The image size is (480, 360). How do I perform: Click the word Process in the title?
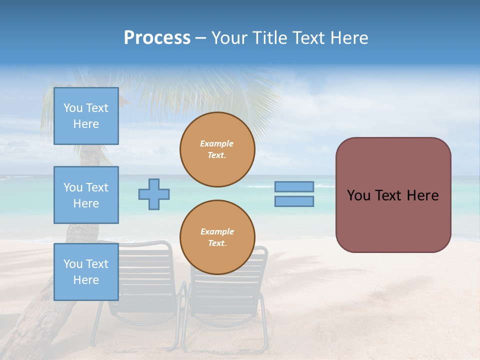click(x=157, y=38)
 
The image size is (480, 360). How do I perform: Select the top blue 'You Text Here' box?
click(x=86, y=116)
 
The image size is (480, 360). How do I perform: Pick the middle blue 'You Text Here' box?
click(x=86, y=195)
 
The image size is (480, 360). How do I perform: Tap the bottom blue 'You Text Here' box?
click(x=86, y=272)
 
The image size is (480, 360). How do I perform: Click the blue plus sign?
click(x=154, y=194)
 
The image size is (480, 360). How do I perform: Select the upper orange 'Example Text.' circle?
click(x=217, y=149)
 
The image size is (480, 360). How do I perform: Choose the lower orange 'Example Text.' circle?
click(x=217, y=237)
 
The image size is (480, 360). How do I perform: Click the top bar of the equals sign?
click(x=294, y=187)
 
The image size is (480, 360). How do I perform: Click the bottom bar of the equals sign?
click(x=294, y=201)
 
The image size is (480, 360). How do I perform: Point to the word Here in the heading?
click(x=348, y=38)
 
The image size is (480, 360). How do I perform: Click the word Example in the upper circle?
click(x=217, y=143)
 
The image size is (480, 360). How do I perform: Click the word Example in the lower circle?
click(x=217, y=231)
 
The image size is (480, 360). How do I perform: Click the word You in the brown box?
click(x=358, y=195)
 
